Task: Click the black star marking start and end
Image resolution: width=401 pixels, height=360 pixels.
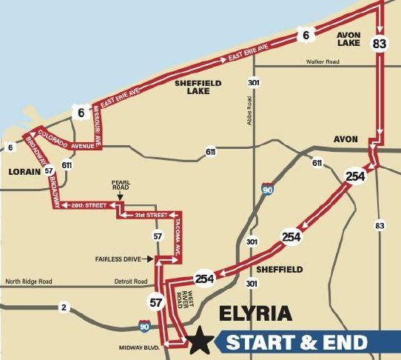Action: tap(199, 342)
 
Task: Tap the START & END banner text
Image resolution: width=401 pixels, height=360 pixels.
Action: tap(296, 342)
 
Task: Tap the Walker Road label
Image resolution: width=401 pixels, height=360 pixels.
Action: tap(323, 62)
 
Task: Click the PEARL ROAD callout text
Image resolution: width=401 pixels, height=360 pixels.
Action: tap(121, 184)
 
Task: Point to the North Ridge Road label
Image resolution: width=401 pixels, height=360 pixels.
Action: tap(30, 281)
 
